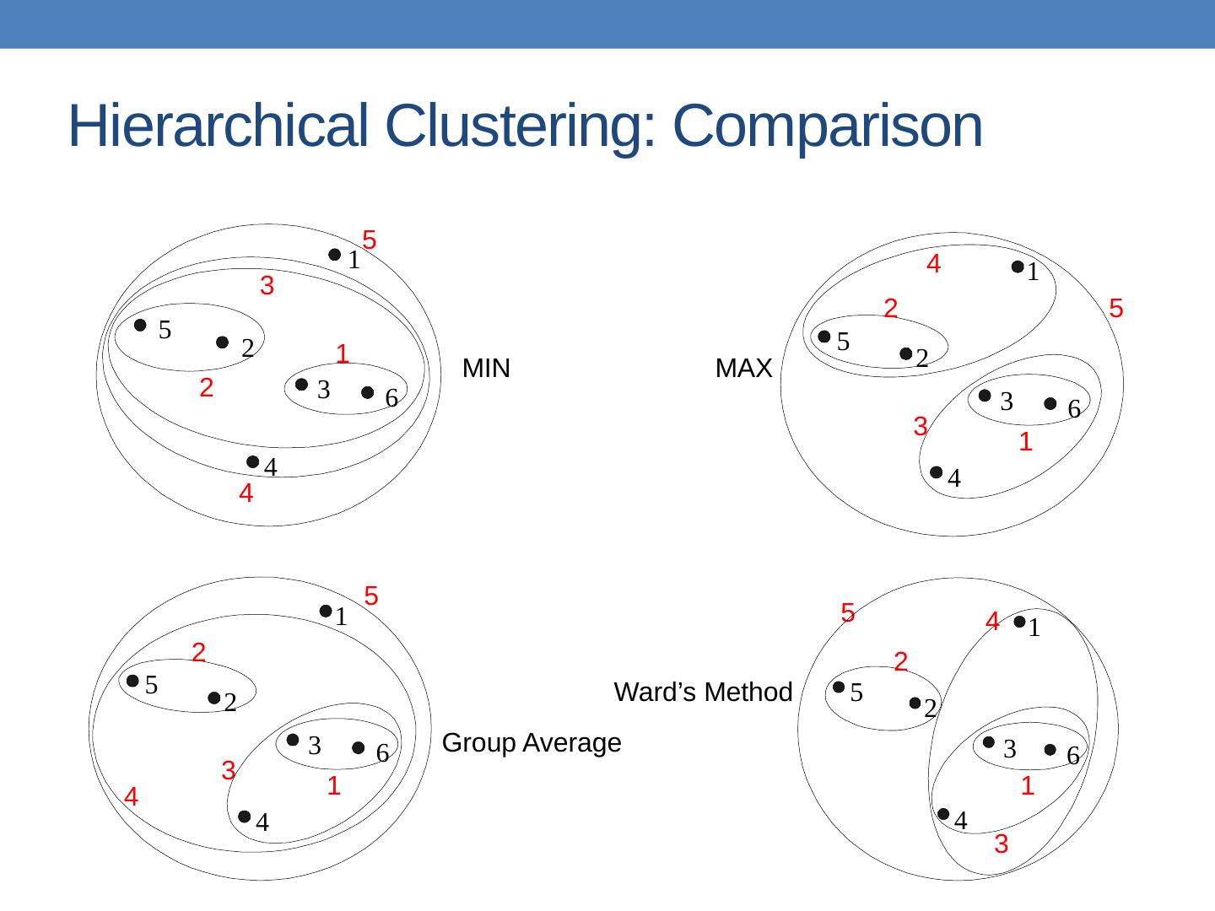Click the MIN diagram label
pos(486,369)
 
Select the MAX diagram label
pos(743,369)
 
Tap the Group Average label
pos(532,743)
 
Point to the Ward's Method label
pos(703,693)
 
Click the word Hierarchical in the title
pos(218,127)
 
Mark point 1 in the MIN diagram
pos(335,255)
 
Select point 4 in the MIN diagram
pos(252,461)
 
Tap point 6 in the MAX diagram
pos(1050,404)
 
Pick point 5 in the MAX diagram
pos(824,337)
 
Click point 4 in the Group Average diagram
pos(244,817)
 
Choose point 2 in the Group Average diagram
pos(214,698)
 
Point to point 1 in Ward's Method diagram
pos(1019,623)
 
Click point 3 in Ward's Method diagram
pos(989,742)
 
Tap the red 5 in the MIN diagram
pos(369,240)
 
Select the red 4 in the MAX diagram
pos(933,265)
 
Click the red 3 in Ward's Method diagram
pos(1001,844)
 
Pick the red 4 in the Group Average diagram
pos(132,797)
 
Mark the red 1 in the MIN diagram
pos(342,353)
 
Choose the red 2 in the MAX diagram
pos(890,309)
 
